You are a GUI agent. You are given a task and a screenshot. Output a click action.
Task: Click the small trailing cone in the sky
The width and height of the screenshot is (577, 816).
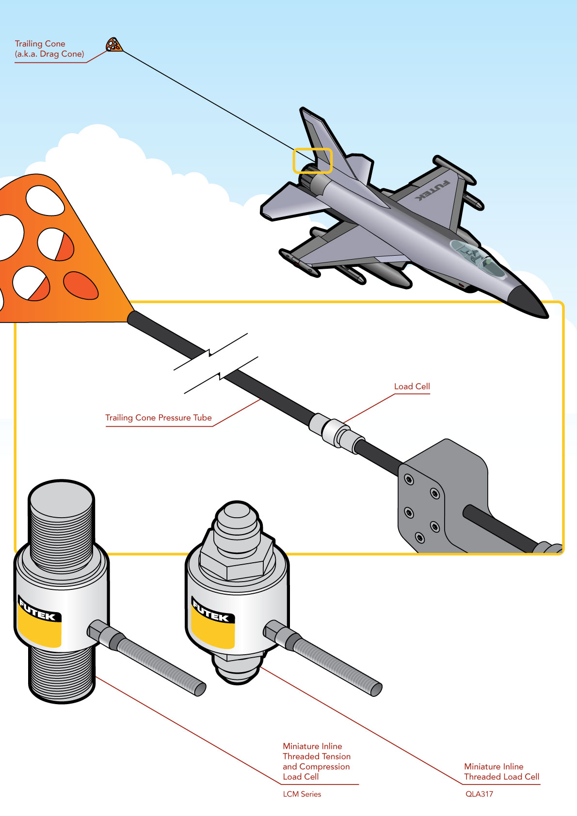[114, 45]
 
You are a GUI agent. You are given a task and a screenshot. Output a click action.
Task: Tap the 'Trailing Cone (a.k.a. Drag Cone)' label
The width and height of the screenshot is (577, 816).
[49, 49]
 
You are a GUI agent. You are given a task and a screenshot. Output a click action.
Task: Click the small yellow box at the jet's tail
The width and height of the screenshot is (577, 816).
[313, 160]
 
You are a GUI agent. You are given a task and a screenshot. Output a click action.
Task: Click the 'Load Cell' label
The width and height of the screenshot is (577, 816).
[412, 386]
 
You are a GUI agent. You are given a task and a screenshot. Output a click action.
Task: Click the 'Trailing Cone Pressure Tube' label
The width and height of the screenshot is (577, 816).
[158, 417]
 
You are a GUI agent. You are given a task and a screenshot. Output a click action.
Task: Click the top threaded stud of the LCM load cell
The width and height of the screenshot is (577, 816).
[61, 525]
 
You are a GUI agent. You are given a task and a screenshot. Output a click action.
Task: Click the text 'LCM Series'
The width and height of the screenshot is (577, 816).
[302, 794]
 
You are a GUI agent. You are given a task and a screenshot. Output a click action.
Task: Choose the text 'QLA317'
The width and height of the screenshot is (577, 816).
[479, 794]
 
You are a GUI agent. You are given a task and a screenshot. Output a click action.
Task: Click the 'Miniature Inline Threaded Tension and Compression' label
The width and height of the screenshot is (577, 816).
[317, 756]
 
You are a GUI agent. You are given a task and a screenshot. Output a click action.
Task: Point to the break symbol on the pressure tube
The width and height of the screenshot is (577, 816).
[216, 364]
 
